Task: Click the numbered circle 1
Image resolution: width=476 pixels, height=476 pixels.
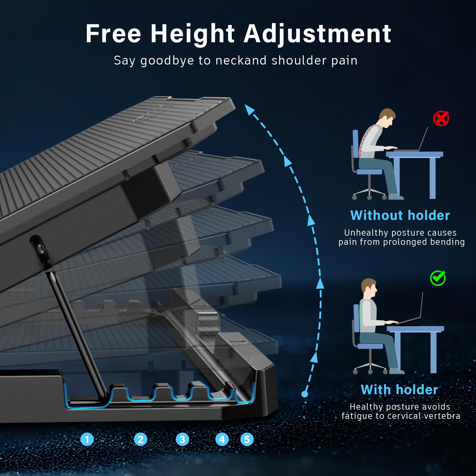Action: (x=87, y=439)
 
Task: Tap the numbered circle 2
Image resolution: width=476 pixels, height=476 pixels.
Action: (x=140, y=439)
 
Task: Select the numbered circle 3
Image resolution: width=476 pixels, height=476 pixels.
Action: (x=182, y=439)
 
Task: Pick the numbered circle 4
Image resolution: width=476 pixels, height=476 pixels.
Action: (x=222, y=439)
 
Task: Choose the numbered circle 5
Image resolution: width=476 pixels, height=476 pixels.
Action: (x=247, y=439)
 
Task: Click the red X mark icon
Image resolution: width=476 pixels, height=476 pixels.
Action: (x=441, y=118)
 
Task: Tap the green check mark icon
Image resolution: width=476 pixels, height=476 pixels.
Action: (x=438, y=278)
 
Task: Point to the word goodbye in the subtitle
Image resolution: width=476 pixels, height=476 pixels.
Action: (x=167, y=61)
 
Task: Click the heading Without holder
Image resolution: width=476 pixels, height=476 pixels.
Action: (x=400, y=215)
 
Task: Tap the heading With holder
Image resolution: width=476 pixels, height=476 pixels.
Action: (x=400, y=389)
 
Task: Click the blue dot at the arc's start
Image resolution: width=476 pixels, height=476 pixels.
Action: (x=305, y=394)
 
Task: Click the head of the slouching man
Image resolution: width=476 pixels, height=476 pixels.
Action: (x=387, y=118)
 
